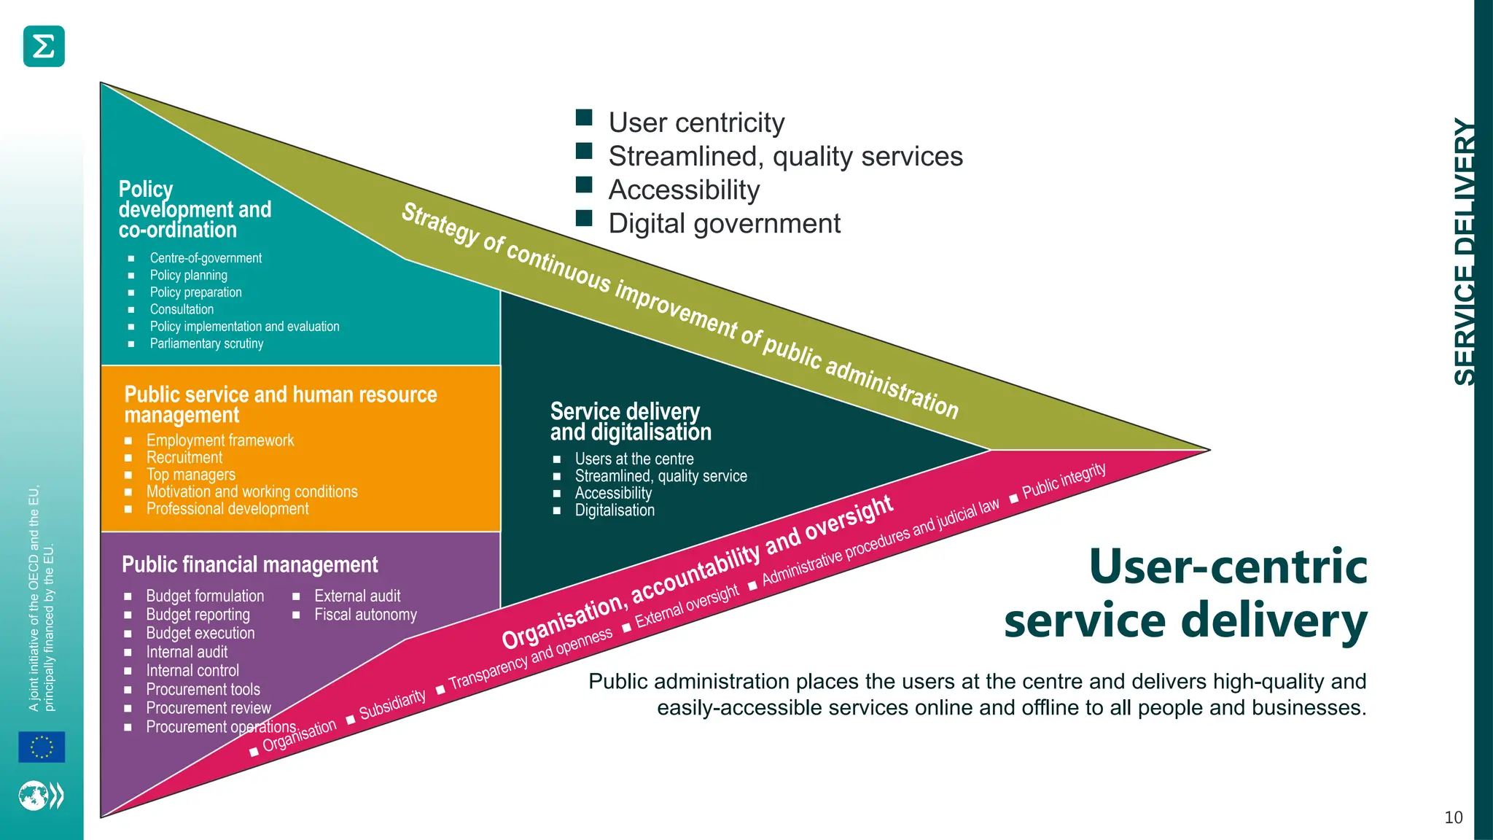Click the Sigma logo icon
pos(44,46)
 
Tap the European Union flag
pos(42,747)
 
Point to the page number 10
pos(1453,817)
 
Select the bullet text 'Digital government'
pos(724,223)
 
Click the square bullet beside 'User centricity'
pos(584,117)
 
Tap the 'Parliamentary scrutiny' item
pos(206,343)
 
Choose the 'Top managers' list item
pos(190,475)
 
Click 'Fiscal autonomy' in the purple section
pos(365,615)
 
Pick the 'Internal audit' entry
pos(187,652)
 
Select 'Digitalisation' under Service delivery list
pos(615,510)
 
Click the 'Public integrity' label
pos(1064,481)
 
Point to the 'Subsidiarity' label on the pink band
pos(392,704)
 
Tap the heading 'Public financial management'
pos(249,564)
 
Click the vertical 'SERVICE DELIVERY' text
pos(1465,252)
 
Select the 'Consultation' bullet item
pos(182,309)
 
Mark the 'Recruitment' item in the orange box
pos(184,457)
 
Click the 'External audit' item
pos(357,596)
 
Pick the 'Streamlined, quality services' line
pos(785,156)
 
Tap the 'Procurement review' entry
pos(208,708)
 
